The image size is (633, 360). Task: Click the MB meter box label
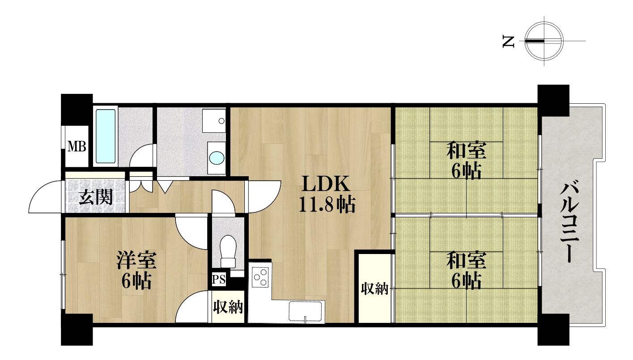click(76, 147)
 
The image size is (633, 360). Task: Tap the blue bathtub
click(106, 136)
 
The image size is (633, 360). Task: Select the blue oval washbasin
click(217, 158)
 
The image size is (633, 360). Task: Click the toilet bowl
click(228, 251)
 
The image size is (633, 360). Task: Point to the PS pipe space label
click(219, 280)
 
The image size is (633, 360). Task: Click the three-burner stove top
click(260, 277)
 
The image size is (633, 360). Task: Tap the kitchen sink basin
click(305, 311)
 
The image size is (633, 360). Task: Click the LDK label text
click(326, 184)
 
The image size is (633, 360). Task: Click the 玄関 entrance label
click(96, 196)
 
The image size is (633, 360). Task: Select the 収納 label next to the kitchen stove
click(228, 307)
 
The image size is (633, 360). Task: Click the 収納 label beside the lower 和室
click(375, 288)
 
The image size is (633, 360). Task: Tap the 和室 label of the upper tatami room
click(466, 150)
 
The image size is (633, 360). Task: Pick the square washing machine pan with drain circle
click(214, 121)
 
